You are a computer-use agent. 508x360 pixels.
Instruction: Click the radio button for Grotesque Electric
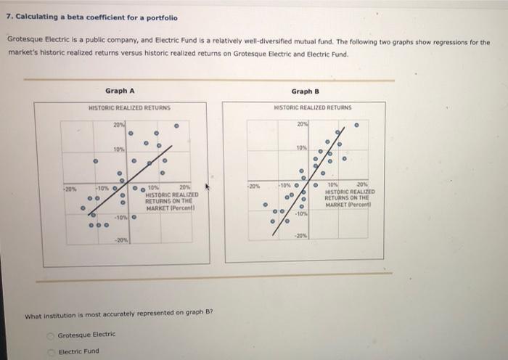coord(52,335)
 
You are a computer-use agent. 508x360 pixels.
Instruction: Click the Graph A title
coord(120,91)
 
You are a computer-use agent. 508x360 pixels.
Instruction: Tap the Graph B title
coord(306,91)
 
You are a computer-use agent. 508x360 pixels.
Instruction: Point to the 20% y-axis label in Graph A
coord(119,125)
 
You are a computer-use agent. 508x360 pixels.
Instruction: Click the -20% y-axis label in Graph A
coord(120,240)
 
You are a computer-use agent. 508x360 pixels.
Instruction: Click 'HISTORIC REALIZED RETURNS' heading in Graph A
coord(129,107)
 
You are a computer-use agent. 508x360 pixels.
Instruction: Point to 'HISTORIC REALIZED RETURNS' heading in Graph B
coord(313,107)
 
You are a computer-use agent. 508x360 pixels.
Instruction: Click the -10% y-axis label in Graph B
coord(302,213)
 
